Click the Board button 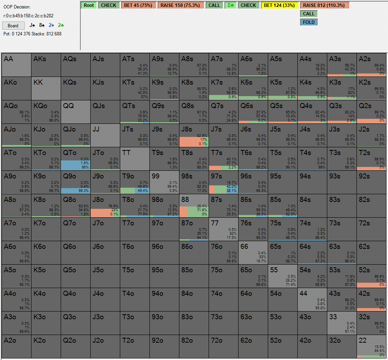coord(13,26)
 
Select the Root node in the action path coord(89,5)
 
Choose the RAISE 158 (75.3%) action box coord(181,5)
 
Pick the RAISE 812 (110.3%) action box coord(325,5)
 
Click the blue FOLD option coord(309,22)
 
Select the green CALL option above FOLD coord(309,14)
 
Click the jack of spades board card coord(33,25)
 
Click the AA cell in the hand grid coord(16,65)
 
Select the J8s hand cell coord(194,135)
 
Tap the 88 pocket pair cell coord(194,206)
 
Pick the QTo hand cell coord(75,159)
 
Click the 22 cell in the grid coord(371,347)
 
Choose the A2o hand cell coord(16,347)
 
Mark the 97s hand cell coord(223,182)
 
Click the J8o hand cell coord(105,206)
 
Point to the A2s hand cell coord(371,65)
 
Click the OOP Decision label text coord(17,7)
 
